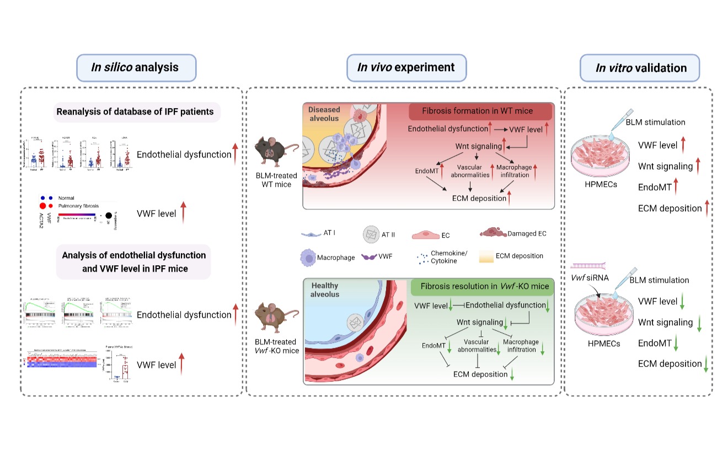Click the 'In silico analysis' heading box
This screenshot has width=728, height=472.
coord(135,68)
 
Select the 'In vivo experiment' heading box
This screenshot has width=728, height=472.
coord(406,68)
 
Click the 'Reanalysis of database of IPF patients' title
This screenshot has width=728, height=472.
coord(135,112)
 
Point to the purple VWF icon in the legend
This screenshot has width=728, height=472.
coord(372,257)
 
